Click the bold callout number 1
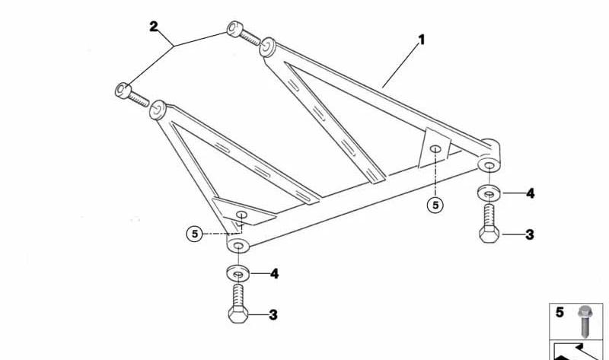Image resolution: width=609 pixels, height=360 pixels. (x=422, y=40)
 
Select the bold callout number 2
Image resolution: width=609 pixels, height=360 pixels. (x=154, y=27)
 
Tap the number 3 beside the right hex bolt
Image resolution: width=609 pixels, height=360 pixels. (x=530, y=234)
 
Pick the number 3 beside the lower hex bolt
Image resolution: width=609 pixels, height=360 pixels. (x=273, y=315)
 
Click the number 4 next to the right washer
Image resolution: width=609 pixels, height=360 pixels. (x=530, y=193)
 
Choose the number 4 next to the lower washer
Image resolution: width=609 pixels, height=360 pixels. (x=274, y=274)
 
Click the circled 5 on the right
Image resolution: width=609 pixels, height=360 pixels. (x=435, y=205)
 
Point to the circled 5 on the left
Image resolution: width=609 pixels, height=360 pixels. (x=195, y=234)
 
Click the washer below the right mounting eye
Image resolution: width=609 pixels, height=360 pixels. (x=489, y=193)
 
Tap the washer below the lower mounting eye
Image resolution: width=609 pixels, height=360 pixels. (x=238, y=273)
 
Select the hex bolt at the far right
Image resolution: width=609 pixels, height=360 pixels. (x=489, y=224)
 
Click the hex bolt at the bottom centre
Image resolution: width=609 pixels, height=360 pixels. (x=238, y=304)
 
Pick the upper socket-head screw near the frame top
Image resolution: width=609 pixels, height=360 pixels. (x=243, y=33)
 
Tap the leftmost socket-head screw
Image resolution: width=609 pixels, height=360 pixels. (x=132, y=94)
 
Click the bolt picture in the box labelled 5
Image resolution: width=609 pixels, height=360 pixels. (x=584, y=321)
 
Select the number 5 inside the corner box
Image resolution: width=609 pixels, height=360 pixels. (x=560, y=312)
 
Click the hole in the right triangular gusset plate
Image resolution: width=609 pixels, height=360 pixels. (x=435, y=148)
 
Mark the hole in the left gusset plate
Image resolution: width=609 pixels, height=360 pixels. (x=242, y=215)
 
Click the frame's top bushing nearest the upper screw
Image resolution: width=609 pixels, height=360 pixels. (x=267, y=47)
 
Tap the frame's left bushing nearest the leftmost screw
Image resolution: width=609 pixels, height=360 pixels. (x=158, y=110)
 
